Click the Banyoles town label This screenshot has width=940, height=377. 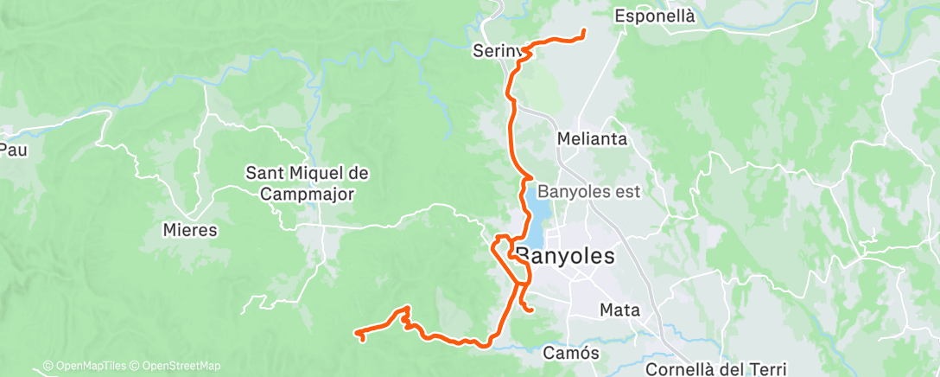pyautogui.click(x=565, y=256)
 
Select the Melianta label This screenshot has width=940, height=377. pyautogui.click(x=592, y=138)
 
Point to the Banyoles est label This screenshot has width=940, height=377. pyautogui.click(x=588, y=191)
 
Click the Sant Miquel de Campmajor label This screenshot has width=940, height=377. pyautogui.click(x=308, y=183)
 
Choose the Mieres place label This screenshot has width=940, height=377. pyautogui.click(x=189, y=231)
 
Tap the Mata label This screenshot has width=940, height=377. pyautogui.click(x=619, y=310)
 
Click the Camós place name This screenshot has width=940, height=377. pyautogui.click(x=572, y=353)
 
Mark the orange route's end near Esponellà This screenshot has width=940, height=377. pyautogui.click(x=584, y=33)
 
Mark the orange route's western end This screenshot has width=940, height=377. pyautogui.click(x=357, y=332)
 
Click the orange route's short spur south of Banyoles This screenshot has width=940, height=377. pyautogui.click(x=527, y=304)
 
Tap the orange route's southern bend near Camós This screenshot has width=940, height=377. pyautogui.click(x=486, y=344)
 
